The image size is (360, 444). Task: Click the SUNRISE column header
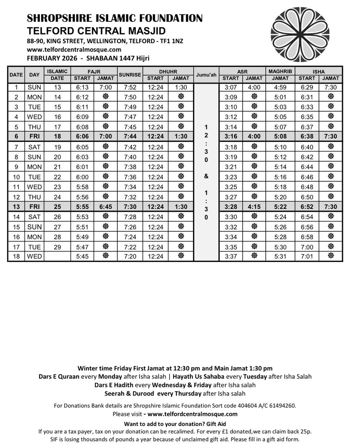tap(130, 75)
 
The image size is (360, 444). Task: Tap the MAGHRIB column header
tap(280, 71)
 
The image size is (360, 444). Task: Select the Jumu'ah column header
tap(206, 75)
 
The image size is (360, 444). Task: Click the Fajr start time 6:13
tap(83, 87)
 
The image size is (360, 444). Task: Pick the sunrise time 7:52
tap(130, 87)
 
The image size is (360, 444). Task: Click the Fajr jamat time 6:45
tap(106, 207)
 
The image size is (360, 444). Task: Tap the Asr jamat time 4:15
tap(254, 207)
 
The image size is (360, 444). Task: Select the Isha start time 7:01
tap(307, 257)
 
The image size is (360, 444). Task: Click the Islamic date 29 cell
tap(57, 247)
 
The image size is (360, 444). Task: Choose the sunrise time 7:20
tap(130, 257)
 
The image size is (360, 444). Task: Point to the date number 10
tap(16, 177)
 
